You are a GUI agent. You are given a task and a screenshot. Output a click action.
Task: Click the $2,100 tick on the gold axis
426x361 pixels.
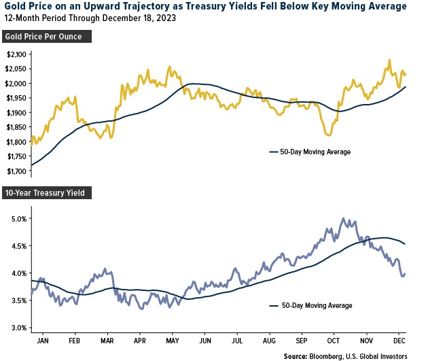[16, 54]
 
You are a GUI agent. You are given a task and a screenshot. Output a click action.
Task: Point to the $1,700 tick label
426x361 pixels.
[16, 171]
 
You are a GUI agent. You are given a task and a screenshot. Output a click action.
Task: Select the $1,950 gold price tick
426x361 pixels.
[16, 97]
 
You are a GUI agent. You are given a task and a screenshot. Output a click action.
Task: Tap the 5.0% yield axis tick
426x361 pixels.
[18, 219]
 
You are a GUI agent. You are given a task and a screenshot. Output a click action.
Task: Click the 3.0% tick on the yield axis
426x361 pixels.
[18, 328]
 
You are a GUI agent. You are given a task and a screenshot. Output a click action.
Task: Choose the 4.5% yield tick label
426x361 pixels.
[18, 246]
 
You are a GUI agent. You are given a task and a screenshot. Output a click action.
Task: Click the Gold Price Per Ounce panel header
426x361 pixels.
[48, 36]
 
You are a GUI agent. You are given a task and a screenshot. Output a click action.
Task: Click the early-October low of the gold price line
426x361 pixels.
[330, 135]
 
